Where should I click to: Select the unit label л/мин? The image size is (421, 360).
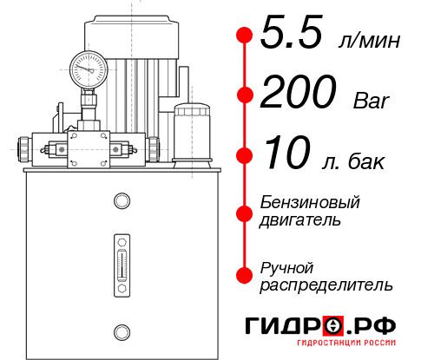coord(366,40)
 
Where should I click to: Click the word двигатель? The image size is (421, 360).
coord(300,220)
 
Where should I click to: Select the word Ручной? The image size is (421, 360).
coord(286,266)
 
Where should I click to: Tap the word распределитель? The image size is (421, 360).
coord(326,285)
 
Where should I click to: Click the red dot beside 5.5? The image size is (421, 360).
coord(245,36)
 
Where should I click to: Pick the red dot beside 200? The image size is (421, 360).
coord(245,95)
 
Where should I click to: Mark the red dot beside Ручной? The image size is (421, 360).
coord(245,275)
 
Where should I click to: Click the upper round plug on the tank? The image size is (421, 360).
coord(121,202)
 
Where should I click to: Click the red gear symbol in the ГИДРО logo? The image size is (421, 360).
coord(333,326)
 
